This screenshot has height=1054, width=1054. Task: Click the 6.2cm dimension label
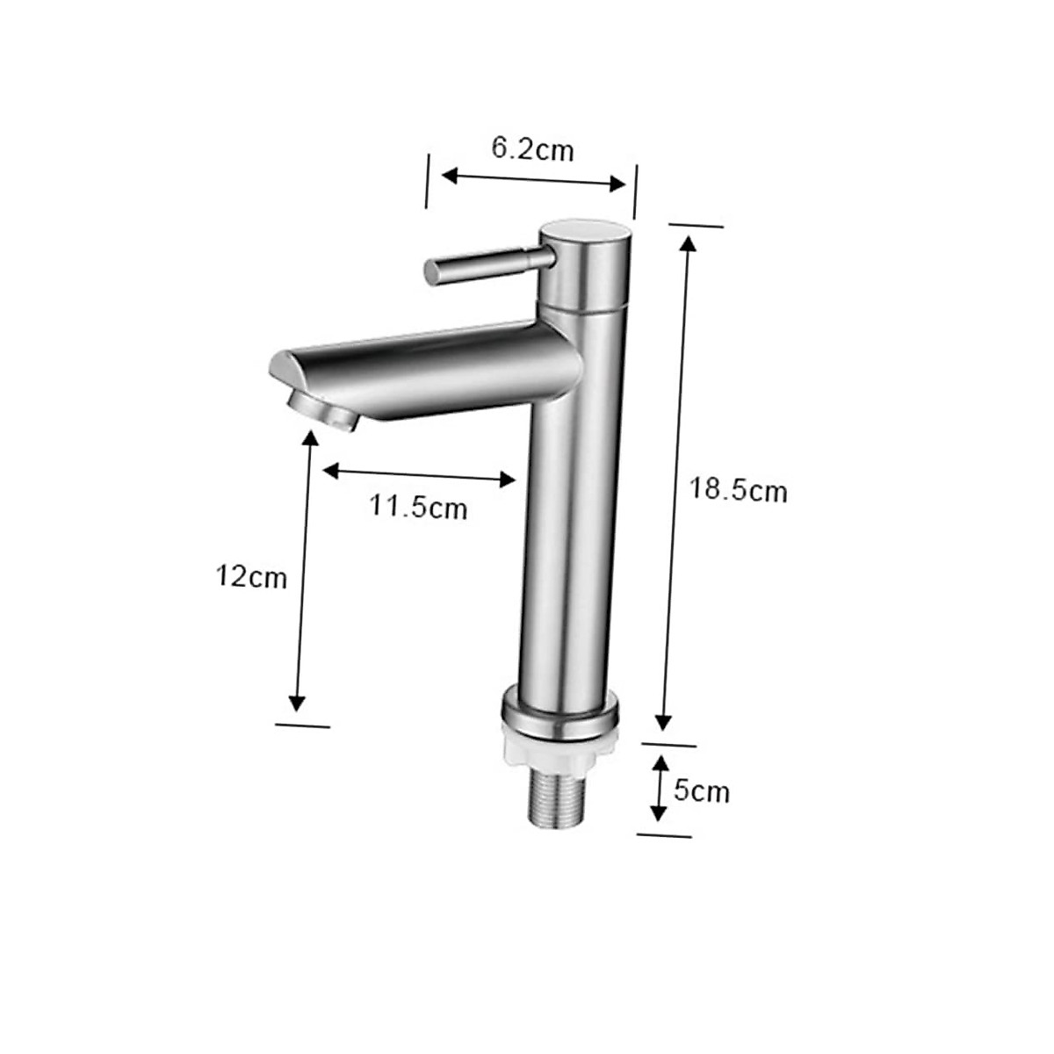[532, 149]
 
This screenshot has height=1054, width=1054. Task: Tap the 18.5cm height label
[737, 490]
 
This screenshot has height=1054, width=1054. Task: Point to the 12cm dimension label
[251, 577]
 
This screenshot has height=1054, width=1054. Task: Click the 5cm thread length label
[701, 791]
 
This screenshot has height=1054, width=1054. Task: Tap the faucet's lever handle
[483, 263]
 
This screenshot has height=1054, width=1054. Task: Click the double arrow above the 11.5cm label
[418, 475]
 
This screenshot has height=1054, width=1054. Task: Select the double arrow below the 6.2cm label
[532, 179]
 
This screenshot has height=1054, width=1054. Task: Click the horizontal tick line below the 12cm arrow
[302, 726]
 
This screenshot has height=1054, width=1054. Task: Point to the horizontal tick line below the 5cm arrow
[663, 834]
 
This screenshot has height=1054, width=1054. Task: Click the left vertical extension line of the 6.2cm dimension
[427, 181]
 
